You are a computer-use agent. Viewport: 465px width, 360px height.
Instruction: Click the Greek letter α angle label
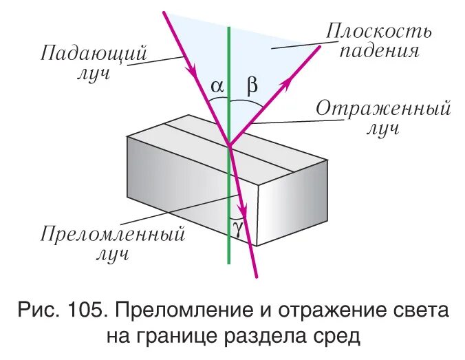coord(217,87)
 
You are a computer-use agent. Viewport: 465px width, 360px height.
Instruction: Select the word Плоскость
coord(379,31)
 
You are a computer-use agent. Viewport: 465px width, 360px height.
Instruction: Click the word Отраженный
coord(382,109)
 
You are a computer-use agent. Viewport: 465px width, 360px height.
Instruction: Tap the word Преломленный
coord(113,235)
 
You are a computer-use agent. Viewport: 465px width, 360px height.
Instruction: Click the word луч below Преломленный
coord(111,255)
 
